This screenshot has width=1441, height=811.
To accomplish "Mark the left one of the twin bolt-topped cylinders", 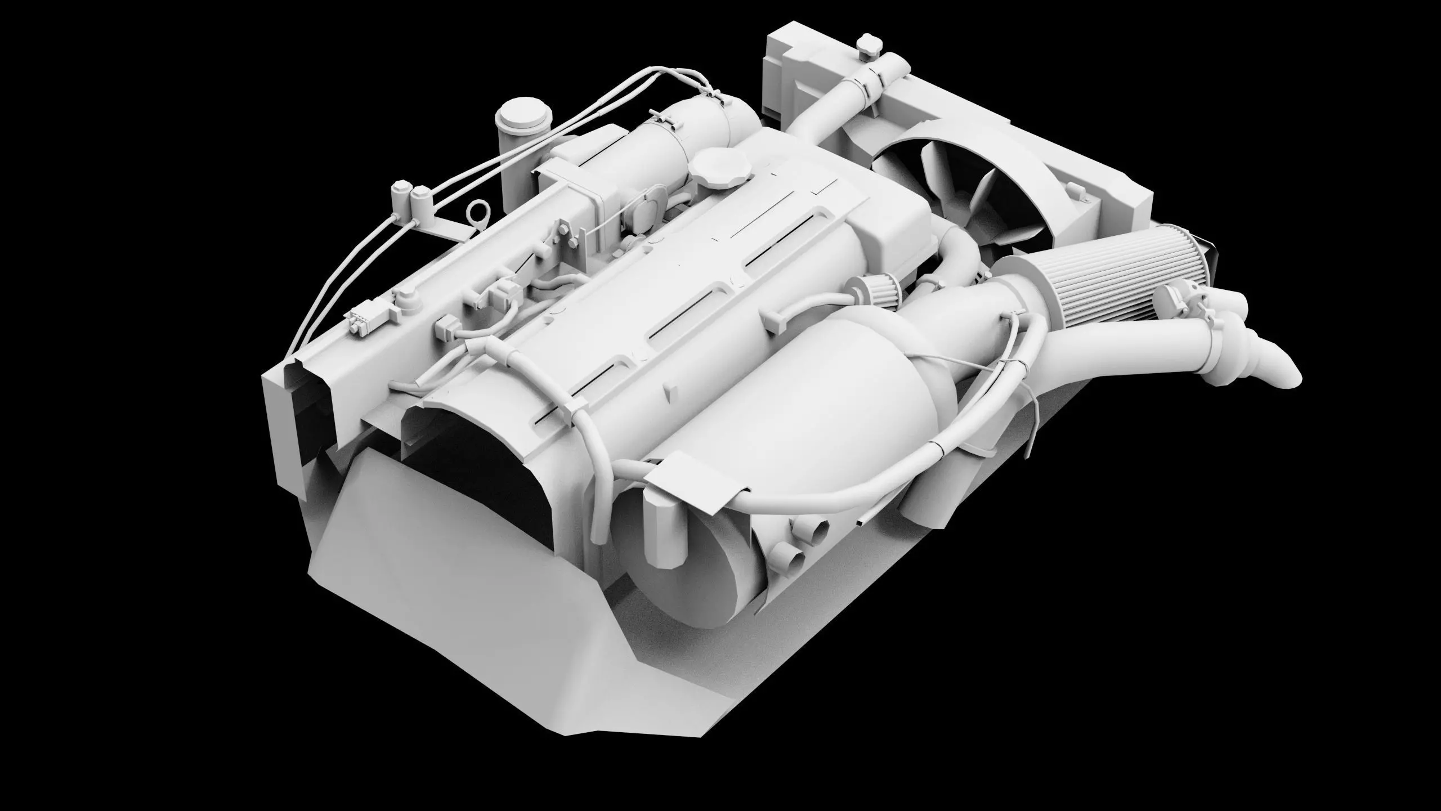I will coord(401,196).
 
